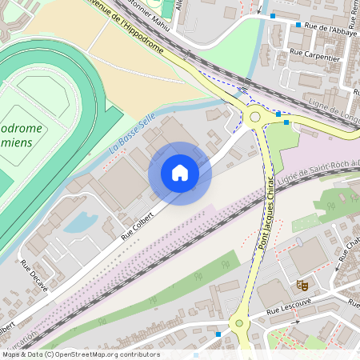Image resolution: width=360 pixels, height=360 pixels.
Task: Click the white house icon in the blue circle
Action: (180, 173)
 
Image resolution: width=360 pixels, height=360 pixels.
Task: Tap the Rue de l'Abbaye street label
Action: (327, 28)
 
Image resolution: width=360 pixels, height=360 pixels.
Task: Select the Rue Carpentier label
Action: (317, 58)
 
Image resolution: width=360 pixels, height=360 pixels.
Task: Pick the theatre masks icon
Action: (302, 284)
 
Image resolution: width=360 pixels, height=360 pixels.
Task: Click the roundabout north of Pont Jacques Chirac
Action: (257, 117)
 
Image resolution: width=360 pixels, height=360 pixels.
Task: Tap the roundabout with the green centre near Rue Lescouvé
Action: (238, 325)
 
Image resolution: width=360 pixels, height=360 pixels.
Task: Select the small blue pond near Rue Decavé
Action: (80, 223)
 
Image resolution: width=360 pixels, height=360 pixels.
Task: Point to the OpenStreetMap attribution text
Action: (80, 354)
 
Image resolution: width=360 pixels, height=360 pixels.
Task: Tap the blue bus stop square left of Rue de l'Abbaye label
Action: (298, 25)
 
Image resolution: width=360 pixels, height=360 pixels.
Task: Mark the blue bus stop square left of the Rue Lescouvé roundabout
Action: (218, 334)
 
